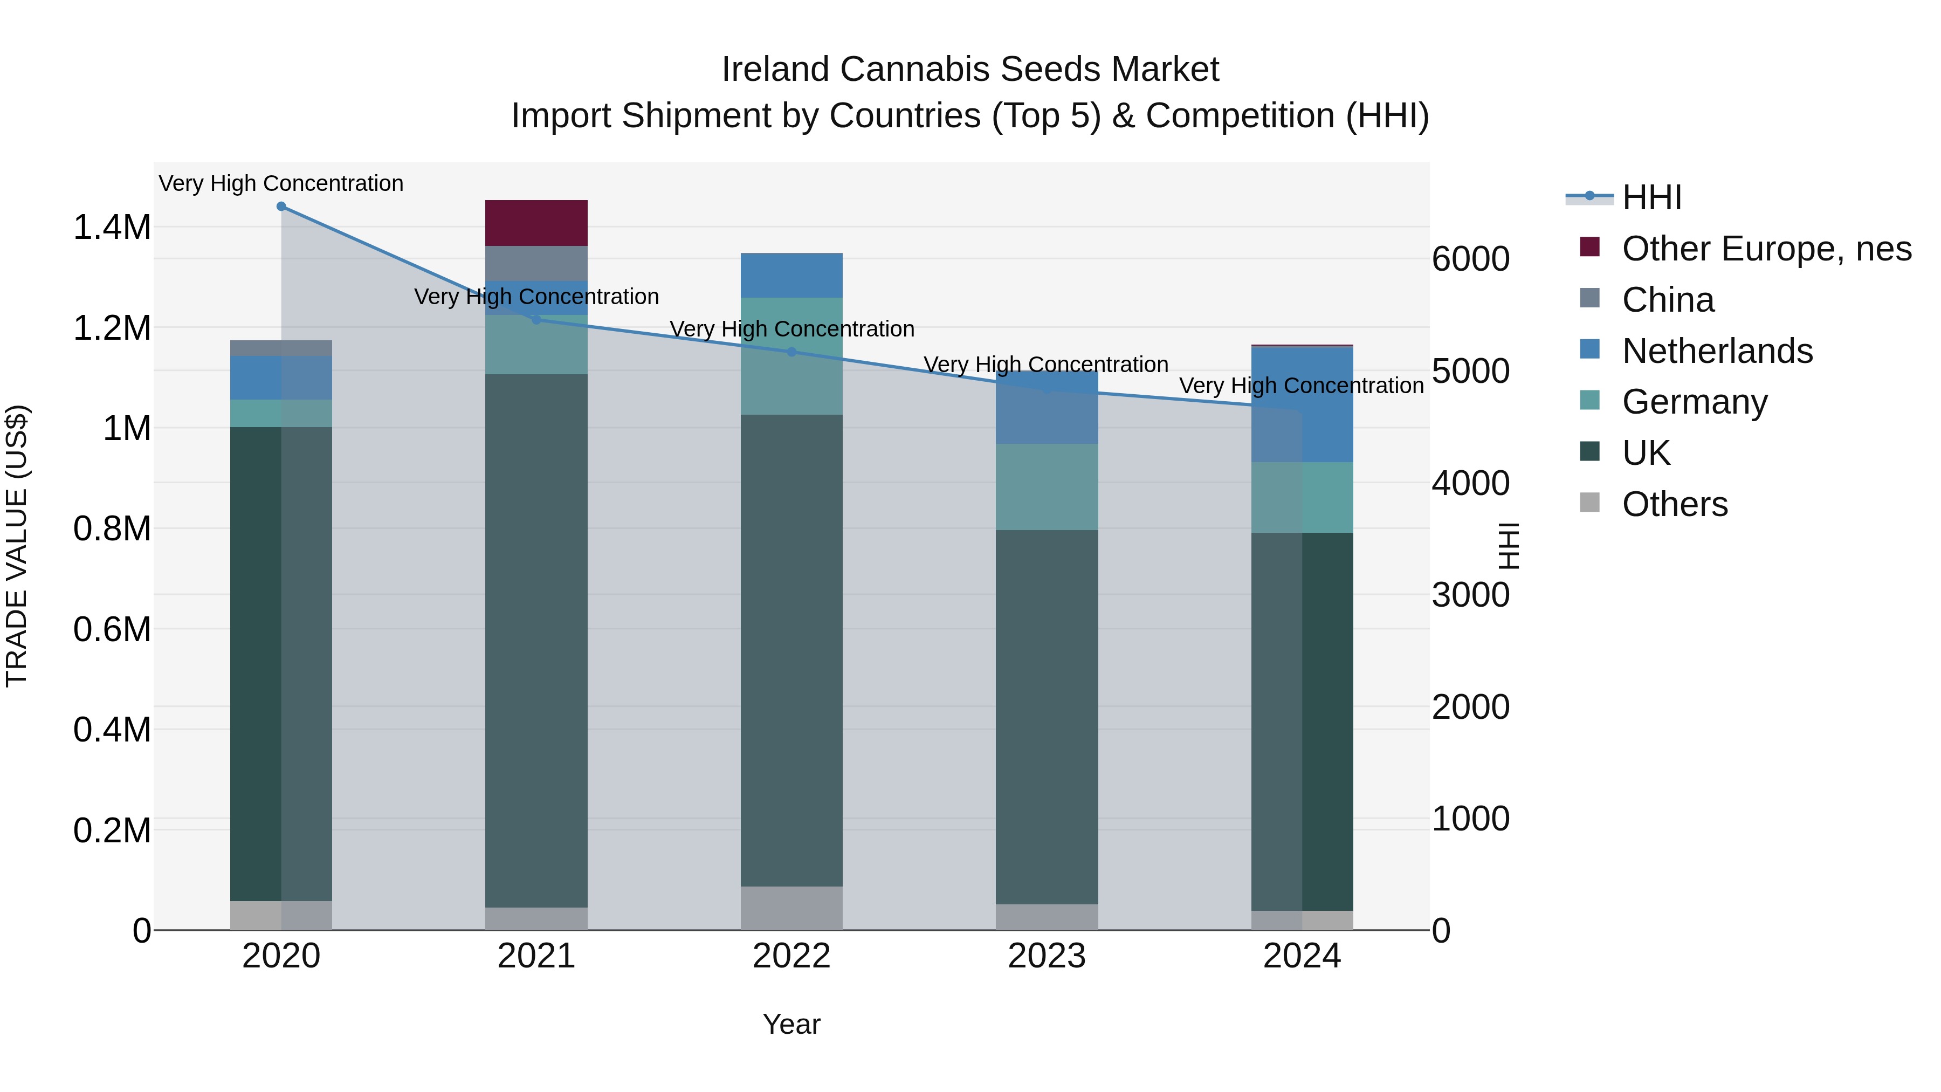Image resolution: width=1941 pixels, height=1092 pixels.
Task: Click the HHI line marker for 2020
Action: (281, 207)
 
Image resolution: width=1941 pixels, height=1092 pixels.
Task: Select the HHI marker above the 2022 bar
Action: (791, 352)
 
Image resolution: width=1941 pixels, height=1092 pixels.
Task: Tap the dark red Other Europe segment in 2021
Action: (536, 223)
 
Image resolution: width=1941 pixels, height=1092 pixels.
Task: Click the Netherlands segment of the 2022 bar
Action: (791, 275)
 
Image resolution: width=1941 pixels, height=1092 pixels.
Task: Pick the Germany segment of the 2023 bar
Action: (1047, 487)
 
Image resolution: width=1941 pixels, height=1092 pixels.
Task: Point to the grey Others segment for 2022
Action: (791, 908)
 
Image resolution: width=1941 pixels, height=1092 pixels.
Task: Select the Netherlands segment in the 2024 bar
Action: (1302, 404)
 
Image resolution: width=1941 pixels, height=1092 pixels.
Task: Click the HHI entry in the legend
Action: (1651, 197)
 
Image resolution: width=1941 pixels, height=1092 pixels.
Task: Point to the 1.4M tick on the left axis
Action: (112, 228)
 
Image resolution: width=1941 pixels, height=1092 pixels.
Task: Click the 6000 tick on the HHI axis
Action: (1470, 259)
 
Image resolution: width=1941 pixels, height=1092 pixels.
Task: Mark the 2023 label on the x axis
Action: (1047, 956)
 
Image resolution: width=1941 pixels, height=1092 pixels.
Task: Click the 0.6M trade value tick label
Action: (112, 629)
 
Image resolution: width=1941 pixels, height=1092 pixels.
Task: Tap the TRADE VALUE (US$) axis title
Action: (17, 546)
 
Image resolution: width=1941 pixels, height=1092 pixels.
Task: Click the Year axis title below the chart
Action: (791, 1024)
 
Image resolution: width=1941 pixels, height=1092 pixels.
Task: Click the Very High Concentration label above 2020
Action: (281, 183)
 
